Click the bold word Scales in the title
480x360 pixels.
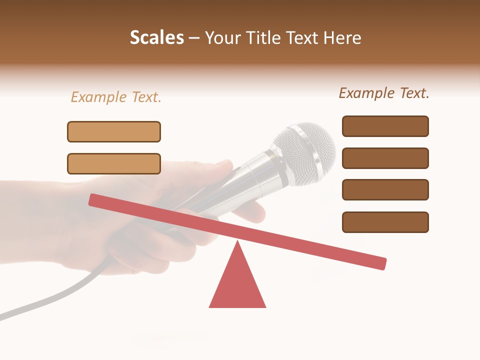[156, 38]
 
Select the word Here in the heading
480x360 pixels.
[342, 38]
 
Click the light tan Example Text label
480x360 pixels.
[116, 97]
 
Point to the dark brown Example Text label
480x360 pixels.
[384, 93]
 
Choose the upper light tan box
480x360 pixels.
[114, 132]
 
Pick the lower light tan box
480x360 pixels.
[114, 164]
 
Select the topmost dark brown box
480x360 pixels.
[385, 126]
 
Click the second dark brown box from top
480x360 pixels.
[385, 158]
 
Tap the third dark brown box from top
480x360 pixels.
[385, 190]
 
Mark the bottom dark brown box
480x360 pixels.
[385, 222]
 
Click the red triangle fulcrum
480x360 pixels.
[237, 285]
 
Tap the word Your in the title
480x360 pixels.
[223, 38]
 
